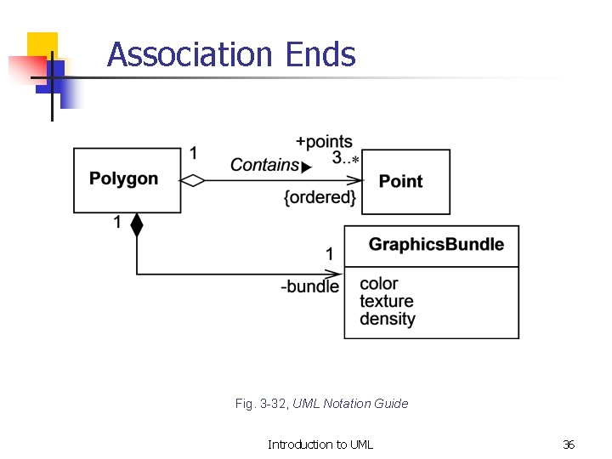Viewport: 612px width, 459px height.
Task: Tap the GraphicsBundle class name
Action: pyautogui.click(x=436, y=245)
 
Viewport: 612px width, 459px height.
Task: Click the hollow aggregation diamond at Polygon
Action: pyautogui.click(x=194, y=180)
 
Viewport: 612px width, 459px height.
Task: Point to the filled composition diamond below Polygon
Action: pyautogui.click(x=137, y=225)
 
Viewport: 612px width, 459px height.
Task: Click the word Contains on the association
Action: pyautogui.click(x=264, y=165)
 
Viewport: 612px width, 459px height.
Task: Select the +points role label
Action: pyautogui.click(x=324, y=142)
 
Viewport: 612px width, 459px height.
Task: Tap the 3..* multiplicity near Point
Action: pyautogui.click(x=345, y=159)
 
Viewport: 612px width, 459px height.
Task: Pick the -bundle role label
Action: pyautogui.click(x=310, y=286)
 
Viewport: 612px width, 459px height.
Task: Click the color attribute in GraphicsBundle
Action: pyautogui.click(x=378, y=283)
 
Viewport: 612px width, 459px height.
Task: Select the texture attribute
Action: pyautogui.click(x=386, y=301)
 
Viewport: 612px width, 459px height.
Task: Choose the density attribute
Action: pyautogui.click(x=387, y=319)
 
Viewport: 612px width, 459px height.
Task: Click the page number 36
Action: pyautogui.click(x=569, y=445)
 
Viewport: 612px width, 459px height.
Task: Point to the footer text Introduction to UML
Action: pyautogui.click(x=320, y=445)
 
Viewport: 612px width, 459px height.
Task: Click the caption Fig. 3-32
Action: pyautogui.click(x=262, y=404)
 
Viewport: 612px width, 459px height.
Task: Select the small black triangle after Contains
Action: pyautogui.click(x=307, y=167)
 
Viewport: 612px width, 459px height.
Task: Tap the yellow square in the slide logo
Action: pyautogui.click(x=42, y=46)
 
